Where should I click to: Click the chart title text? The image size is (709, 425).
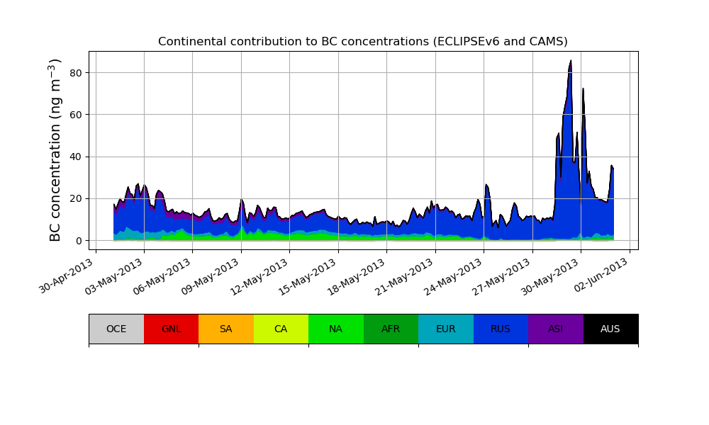tap(362, 42)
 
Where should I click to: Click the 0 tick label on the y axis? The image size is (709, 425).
tap(79, 241)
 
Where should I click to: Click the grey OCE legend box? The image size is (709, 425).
tap(116, 329)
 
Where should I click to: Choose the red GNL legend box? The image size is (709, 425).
tap(171, 329)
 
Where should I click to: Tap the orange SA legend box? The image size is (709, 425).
tap(226, 329)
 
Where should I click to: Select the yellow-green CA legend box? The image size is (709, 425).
tap(281, 329)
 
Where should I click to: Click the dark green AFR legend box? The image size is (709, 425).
tap(391, 329)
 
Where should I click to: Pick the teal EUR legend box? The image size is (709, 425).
tap(446, 329)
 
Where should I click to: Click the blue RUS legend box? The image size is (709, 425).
tap(501, 329)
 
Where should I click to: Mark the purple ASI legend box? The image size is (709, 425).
tap(556, 329)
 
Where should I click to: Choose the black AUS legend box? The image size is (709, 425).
tap(610, 329)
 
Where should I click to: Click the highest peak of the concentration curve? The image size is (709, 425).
tap(571, 61)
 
